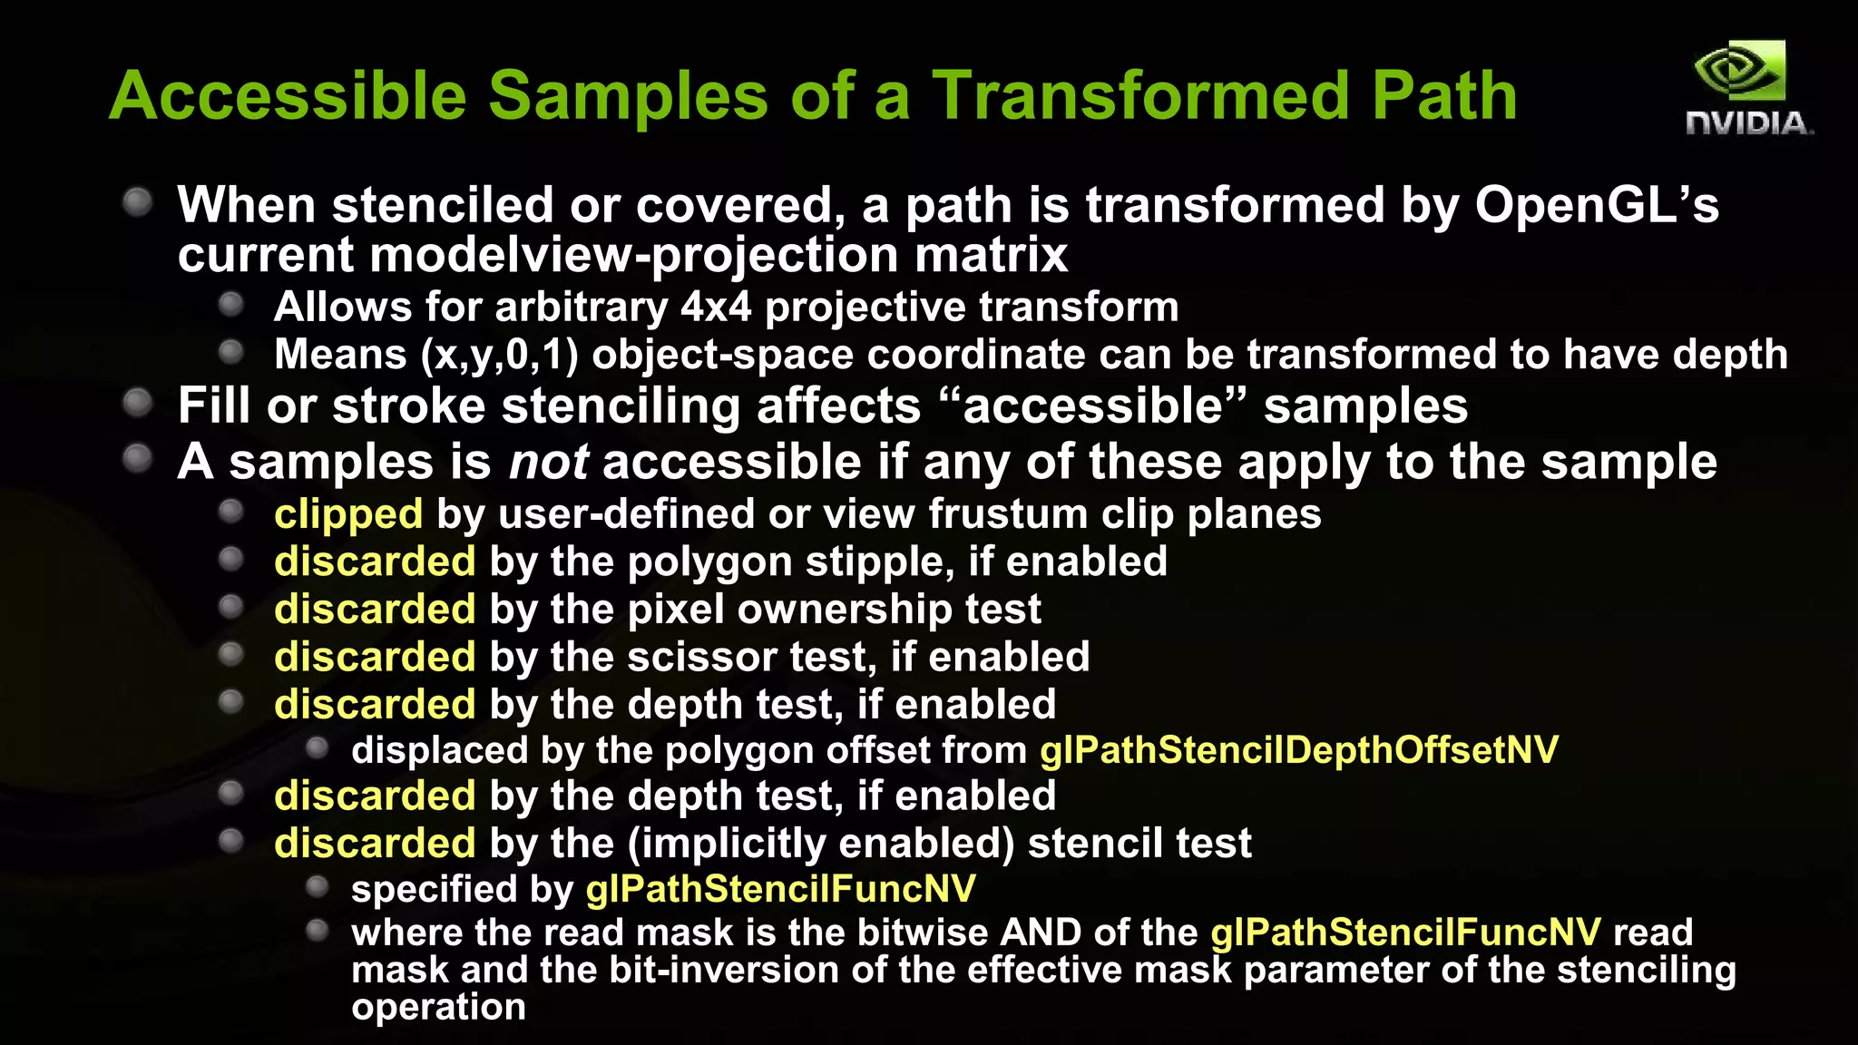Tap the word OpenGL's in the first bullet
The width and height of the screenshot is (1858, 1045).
coord(1596,205)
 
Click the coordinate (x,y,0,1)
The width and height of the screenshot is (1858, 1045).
coord(499,355)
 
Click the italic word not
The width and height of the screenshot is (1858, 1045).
coord(548,462)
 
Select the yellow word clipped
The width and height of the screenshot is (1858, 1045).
coord(348,514)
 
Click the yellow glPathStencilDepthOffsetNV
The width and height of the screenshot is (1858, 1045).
coord(1298,750)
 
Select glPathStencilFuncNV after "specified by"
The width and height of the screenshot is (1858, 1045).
coord(780,889)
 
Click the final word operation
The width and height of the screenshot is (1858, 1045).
coord(438,1007)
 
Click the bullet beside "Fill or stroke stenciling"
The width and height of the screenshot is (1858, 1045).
coord(138,403)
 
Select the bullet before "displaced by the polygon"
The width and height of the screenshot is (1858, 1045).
coord(317,748)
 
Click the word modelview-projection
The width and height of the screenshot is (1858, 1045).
coord(634,255)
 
